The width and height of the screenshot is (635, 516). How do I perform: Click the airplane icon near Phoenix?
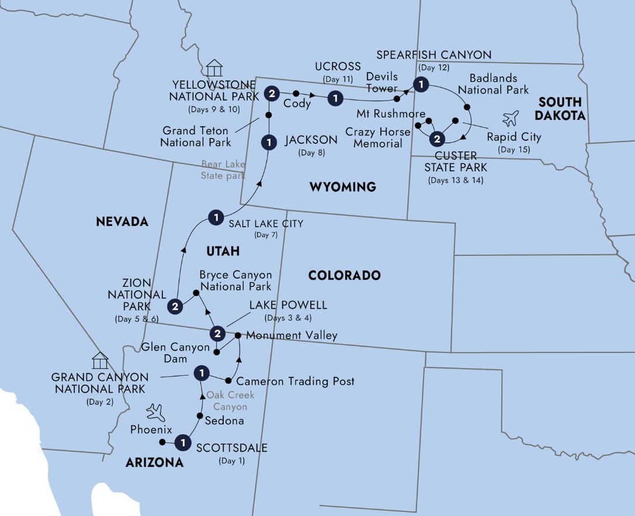coord(157,413)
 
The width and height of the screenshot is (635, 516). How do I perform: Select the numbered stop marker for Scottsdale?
coord(183,444)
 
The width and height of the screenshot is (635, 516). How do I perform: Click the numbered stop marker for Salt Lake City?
coord(216,219)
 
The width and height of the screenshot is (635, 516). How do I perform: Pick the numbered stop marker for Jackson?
coord(269,142)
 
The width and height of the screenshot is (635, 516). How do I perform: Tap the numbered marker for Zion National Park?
coord(175,305)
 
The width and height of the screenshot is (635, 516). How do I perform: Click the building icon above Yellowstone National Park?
coord(214,68)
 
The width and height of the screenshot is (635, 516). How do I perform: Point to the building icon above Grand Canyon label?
coord(100,361)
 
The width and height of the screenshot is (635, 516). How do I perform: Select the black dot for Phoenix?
coord(162,442)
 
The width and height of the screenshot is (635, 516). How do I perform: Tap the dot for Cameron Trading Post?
coord(228,381)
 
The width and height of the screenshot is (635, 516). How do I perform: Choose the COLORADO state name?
coord(344,275)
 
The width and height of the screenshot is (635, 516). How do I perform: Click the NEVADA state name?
coord(122,221)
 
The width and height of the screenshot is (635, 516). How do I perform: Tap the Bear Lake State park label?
coord(224,170)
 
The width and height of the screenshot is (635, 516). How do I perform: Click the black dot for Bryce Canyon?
coord(196,295)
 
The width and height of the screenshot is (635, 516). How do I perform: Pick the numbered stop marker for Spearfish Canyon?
coord(419,84)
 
